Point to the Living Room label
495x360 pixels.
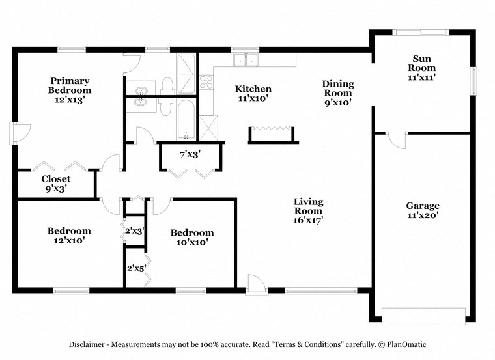pyautogui.click(x=308, y=210)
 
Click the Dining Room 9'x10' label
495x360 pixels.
pyautogui.click(x=338, y=92)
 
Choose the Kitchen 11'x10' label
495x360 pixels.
pyautogui.click(x=253, y=94)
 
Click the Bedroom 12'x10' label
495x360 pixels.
pyautogui.click(x=69, y=235)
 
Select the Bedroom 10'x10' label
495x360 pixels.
pyautogui.click(x=192, y=237)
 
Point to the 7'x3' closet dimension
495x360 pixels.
pyautogui.click(x=190, y=154)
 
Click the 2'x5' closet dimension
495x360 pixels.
pyautogui.click(x=135, y=267)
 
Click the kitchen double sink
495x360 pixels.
pyautogui.click(x=247, y=60)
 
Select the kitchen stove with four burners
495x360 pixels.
pyautogui.click(x=206, y=82)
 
